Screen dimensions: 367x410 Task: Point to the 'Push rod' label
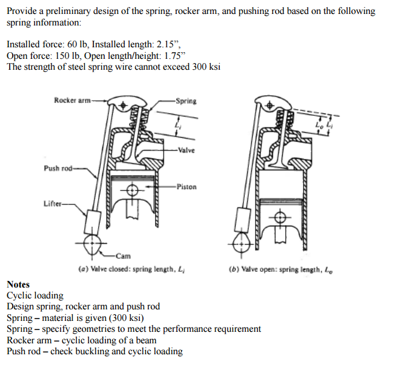tap(56, 168)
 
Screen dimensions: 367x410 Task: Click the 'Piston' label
tap(187, 187)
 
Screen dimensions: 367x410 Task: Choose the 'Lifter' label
tap(52, 203)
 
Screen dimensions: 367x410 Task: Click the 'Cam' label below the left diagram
tap(123, 256)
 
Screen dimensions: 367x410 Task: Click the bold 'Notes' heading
tap(18, 285)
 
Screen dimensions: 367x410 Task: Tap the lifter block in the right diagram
tap(243, 218)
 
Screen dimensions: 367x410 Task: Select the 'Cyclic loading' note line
tap(35, 295)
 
